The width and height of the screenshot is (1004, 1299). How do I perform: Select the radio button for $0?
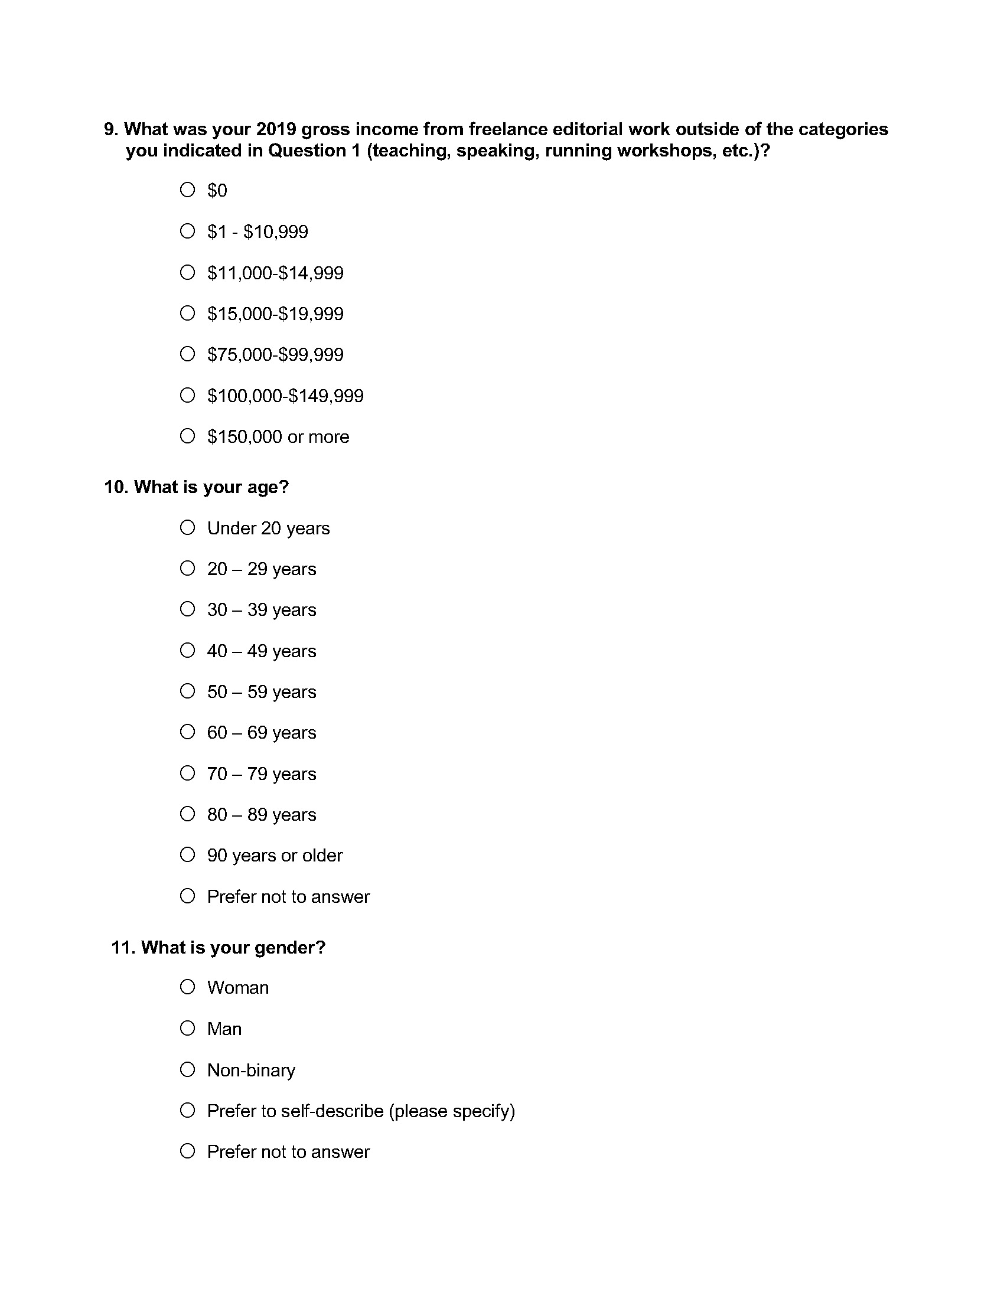(187, 190)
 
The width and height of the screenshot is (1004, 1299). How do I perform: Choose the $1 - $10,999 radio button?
(187, 231)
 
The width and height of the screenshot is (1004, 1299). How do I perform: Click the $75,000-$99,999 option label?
(275, 354)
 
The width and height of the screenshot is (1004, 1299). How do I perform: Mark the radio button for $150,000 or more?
(187, 436)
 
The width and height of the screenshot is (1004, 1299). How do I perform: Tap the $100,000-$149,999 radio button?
(187, 395)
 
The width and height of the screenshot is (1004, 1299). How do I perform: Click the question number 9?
(111, 129)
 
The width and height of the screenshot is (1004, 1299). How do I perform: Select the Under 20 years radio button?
(187, 527)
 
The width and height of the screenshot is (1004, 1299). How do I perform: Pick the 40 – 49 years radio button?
(187, 650)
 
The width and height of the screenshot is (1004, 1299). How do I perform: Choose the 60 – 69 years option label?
(261, 732)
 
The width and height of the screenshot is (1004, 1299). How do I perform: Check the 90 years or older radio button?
(187, 855)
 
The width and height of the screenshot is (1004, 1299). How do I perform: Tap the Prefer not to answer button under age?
(187, 896)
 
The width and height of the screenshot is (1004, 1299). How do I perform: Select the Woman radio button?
(187, 987)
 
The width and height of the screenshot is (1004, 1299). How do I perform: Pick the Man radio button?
(187, 1029)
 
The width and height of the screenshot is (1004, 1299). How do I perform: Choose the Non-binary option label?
(251, 1070)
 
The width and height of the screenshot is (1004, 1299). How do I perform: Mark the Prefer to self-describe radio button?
(187, 1111)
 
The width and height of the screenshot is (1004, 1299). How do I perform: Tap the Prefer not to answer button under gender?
(187, 1151)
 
